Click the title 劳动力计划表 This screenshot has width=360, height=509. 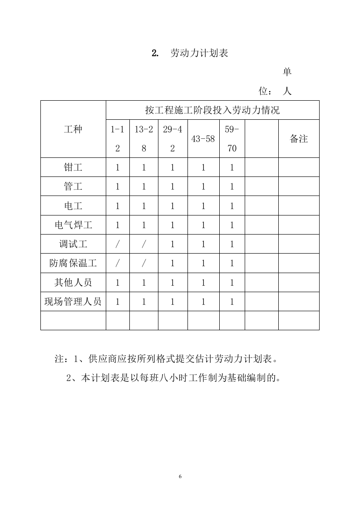click(198, 53)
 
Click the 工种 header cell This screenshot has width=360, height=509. click(73, 129)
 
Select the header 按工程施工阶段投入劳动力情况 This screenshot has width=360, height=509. click(212, 110)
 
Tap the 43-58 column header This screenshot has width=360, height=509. click(203, 139)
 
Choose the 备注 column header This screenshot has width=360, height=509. click(299, 139)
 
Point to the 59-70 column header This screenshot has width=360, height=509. click(232, 139)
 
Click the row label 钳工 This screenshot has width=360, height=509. click(73, 167)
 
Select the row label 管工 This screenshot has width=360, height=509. click(73, 186)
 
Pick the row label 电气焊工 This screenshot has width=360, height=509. click(73, 225)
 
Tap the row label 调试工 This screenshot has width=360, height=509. click(73, 244)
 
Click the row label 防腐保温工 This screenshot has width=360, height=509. click(73, 263)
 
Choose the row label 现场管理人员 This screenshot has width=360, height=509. click(73, 302)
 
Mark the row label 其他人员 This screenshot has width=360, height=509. click(73, 283)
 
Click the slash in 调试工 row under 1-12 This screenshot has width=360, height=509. click(117, 244)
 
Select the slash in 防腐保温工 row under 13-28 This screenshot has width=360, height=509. click(144, 263)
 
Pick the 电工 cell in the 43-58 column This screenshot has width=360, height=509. click(203, 206)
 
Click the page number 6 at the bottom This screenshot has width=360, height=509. click(180, 476)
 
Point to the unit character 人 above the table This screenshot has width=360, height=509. click(287, 91)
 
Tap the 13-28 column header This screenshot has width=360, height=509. click(144, 139)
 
